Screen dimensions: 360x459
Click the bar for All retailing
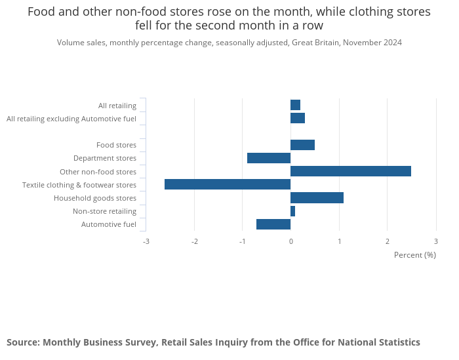295,105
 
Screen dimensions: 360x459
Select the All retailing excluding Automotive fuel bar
298,118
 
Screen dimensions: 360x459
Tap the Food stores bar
302,145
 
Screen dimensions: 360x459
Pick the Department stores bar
269,158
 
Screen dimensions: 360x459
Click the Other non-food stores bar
351,171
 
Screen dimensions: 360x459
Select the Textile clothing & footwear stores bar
228,184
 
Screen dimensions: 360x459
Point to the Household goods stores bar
317,198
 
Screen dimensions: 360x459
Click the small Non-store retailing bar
292,211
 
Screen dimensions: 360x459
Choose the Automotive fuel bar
273,224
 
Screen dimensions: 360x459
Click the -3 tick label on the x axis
146,241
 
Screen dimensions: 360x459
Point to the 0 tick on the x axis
290,241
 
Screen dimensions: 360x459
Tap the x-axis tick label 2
388,241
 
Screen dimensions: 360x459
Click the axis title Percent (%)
414,255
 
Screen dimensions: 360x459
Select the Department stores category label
105,158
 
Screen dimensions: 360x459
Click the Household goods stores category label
95,198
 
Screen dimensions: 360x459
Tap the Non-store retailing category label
104,211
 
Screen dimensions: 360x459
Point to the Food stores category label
116,145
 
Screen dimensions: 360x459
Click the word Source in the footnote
23,342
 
